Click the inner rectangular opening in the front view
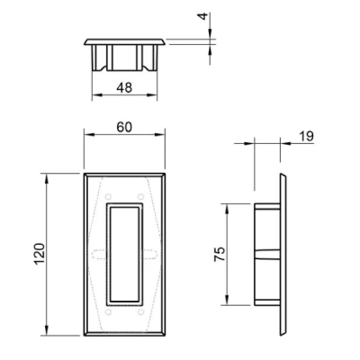coord(124,252)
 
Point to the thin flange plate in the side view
coord(286,255)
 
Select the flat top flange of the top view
coord(125,41)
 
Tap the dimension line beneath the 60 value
coord(124,136)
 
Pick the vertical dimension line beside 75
coord(226,255)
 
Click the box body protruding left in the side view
coord(268,255)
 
